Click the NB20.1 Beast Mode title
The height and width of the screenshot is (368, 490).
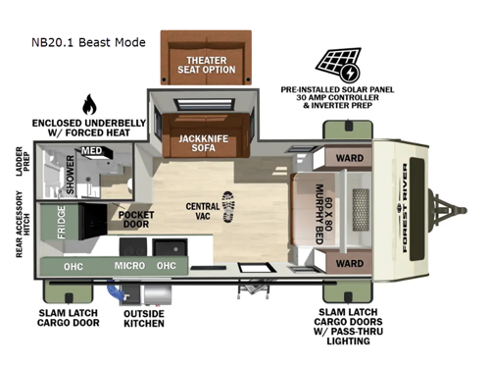tap(87, 42)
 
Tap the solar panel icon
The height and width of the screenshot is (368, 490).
tap(337, 64)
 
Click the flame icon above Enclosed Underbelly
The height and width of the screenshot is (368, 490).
tap(91, 104)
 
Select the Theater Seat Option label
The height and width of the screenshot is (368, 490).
tap(207, 65)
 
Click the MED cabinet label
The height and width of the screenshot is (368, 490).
tap(90, 151)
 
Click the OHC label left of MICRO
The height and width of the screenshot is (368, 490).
tap(73, 265)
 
